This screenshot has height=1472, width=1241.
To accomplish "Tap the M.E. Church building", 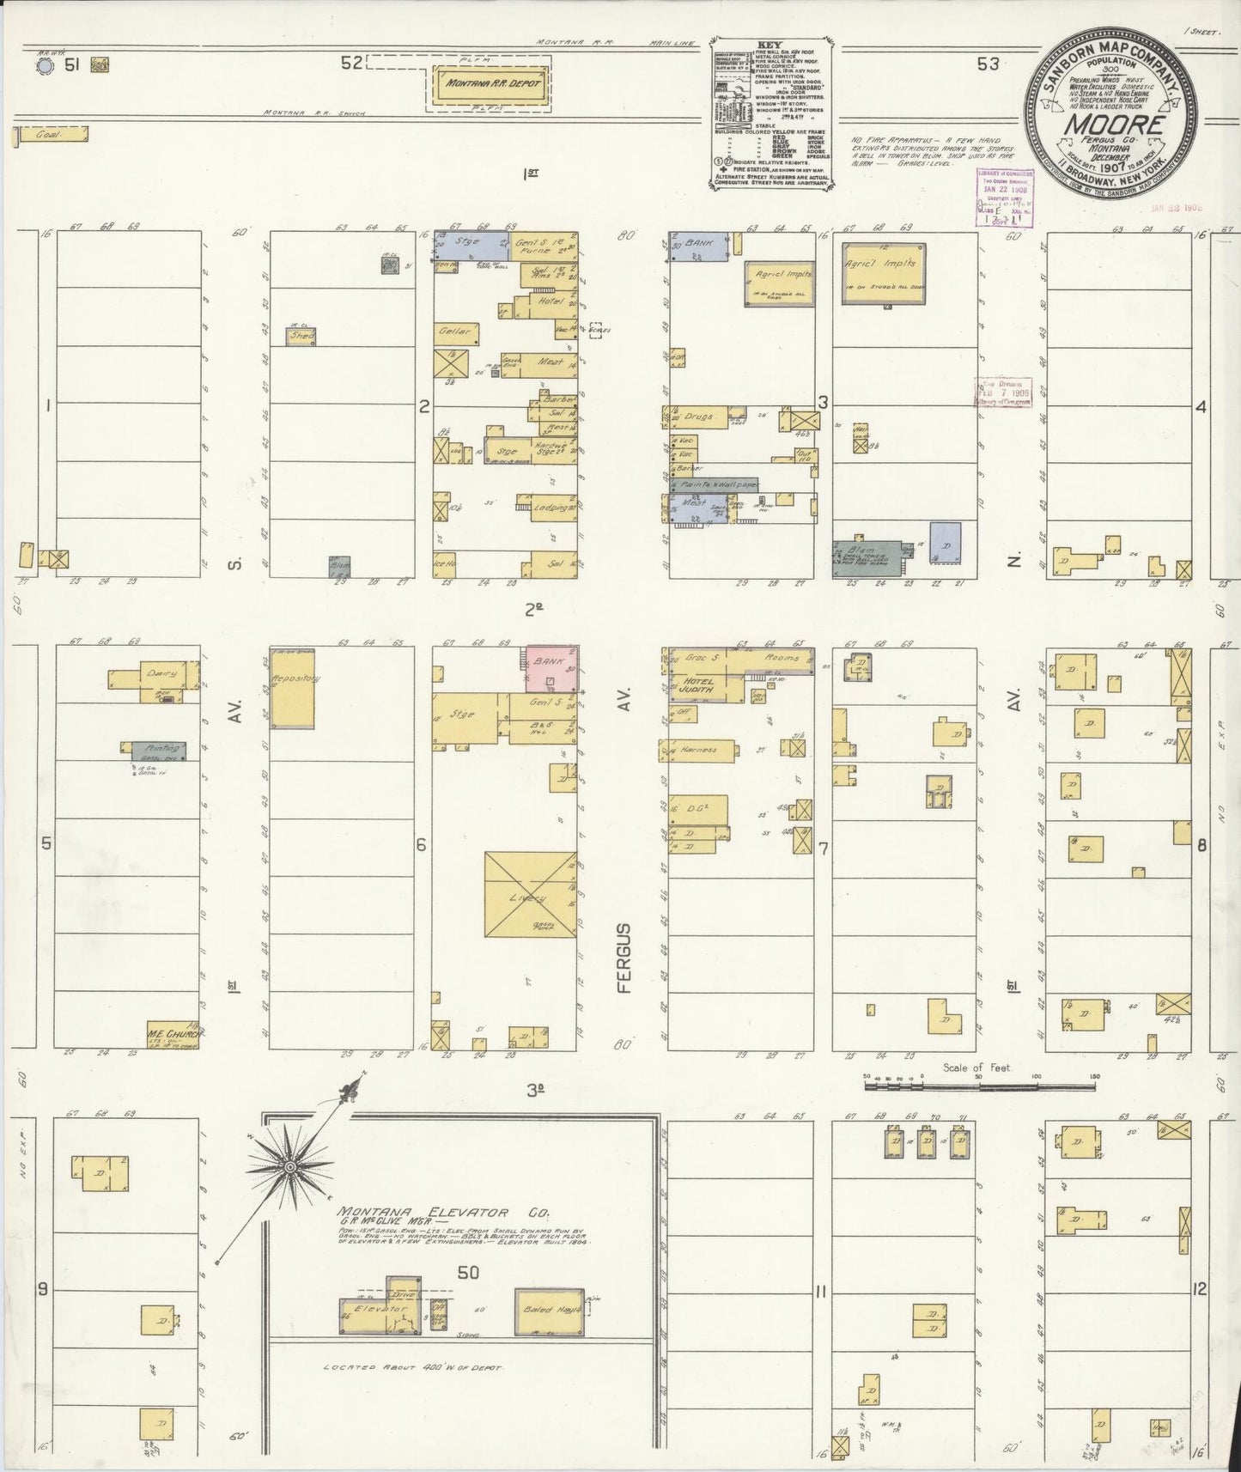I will click(173, 1034).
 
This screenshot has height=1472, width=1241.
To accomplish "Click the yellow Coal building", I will click(52, 135).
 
